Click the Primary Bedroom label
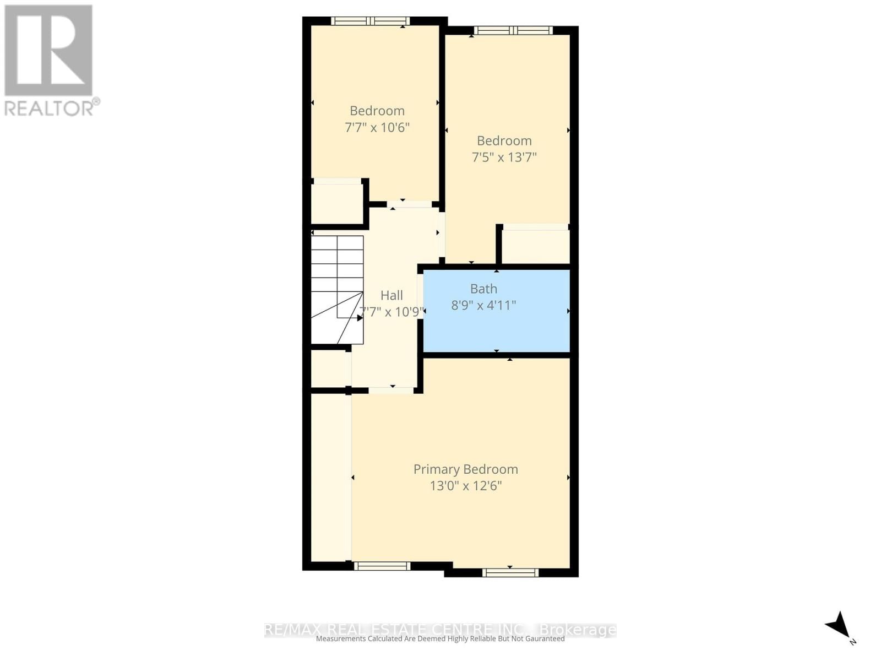465,469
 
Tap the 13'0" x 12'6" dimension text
465,486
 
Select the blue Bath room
496,330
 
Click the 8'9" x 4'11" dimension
483,305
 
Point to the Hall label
391,295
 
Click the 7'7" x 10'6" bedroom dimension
377,127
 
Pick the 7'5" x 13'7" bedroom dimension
504,157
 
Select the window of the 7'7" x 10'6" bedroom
370,21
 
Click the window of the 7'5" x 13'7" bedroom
513,31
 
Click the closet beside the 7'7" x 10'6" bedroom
336,203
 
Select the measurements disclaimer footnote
440,639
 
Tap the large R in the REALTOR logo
48,50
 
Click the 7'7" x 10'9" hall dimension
391,312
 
